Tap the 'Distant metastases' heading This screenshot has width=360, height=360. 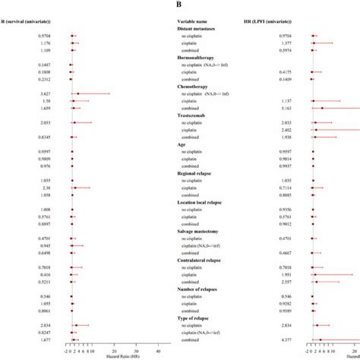coord(199,28)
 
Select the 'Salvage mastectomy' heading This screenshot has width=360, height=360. coord(201,231)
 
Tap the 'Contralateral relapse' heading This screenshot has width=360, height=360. coord(203,261)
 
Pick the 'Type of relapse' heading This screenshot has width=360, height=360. coord(197,318)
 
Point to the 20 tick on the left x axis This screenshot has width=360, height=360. coord(114,351)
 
